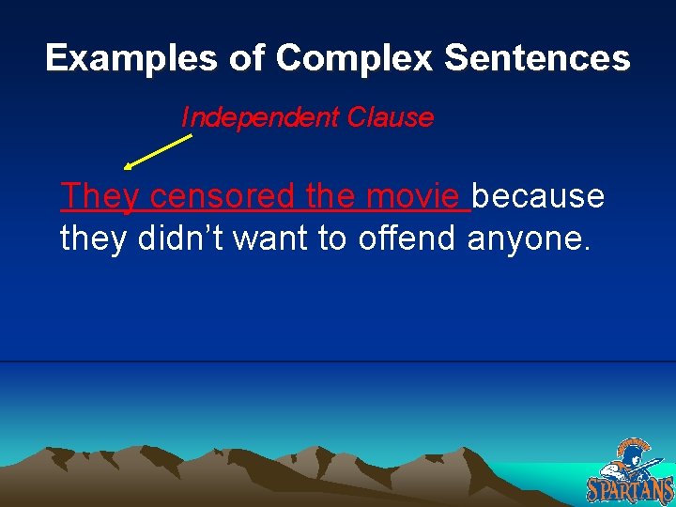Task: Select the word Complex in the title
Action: [354, 59]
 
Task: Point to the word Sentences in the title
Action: [536, 59]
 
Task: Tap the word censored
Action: [223, 196]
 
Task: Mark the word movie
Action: [414, 196]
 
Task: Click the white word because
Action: [538, 196]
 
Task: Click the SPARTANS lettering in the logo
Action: [630, 489]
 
